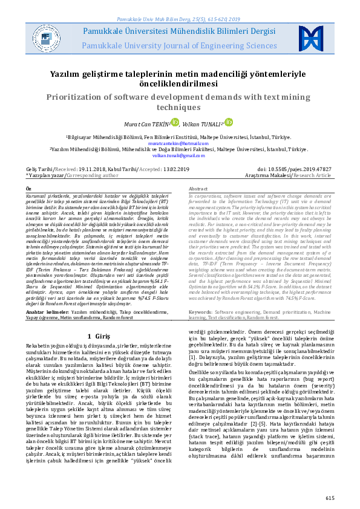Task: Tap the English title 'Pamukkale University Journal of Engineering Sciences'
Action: (180, 45)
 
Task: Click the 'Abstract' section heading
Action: (198, 189)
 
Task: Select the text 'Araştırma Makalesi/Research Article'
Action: (296, 175)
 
